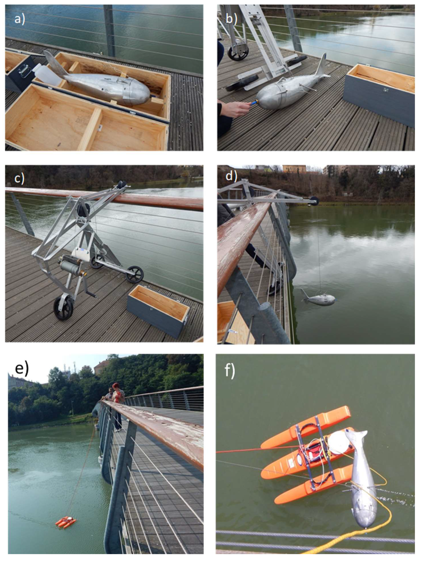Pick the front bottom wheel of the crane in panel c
63,309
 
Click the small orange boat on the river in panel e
66,522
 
